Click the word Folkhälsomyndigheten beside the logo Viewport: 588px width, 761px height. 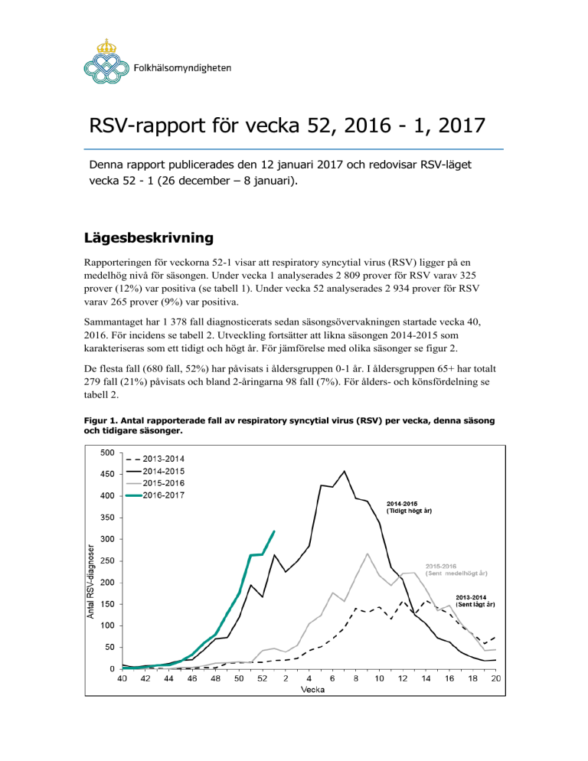(x=182, y=68)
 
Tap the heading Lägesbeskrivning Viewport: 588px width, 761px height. (x=149, y=238)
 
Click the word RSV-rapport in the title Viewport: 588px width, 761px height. (x=148, y=126)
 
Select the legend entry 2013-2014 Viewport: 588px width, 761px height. (x=155, y=459)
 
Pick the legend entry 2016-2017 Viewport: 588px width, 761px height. (x=155, y=495)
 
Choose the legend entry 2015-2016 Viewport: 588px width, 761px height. (x=155, y=483)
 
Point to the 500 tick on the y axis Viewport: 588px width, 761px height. (x=107, y=452)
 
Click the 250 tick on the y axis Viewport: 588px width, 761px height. (x=107, y=560)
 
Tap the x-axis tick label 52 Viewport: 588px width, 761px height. (x=262, y=678)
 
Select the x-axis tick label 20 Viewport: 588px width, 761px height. (x=496, y=678)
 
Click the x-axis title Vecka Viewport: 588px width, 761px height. (x=312, y=689)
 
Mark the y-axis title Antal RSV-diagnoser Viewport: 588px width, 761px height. (x=90, y=581)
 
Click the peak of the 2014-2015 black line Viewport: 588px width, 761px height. (x=345, y=471)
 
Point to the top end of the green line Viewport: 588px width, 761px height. (x=274, y=531)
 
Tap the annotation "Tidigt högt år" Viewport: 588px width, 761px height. (x=409, y=511)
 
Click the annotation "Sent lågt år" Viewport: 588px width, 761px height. (x=475, y=604)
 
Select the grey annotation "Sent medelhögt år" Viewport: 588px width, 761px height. (x=456, y=573)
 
